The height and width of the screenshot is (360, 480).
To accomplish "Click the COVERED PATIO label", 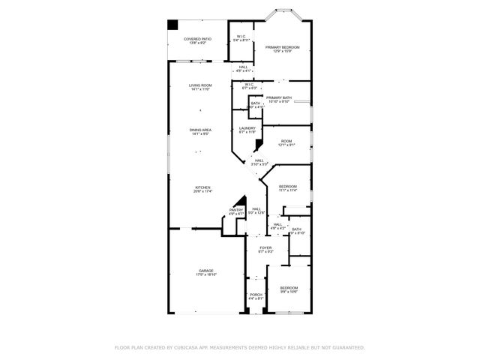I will coord(197,40).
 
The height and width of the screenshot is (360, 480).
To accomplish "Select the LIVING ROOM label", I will coord(200,87).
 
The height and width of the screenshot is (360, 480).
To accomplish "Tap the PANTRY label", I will coord(236,211).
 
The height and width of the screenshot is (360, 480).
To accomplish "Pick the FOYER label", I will coord(265,249).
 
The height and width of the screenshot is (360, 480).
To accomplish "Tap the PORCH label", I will coord(255,296).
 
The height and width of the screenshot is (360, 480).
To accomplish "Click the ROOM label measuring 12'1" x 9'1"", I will coord(286,142).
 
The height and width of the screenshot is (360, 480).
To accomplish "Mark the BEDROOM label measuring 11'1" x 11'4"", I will coord(288,188).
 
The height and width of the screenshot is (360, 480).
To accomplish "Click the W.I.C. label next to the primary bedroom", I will coord(241,37).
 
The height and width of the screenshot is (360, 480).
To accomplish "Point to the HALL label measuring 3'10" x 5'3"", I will coord(258,161).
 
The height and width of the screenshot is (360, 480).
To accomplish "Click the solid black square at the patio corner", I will coord(172,24).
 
